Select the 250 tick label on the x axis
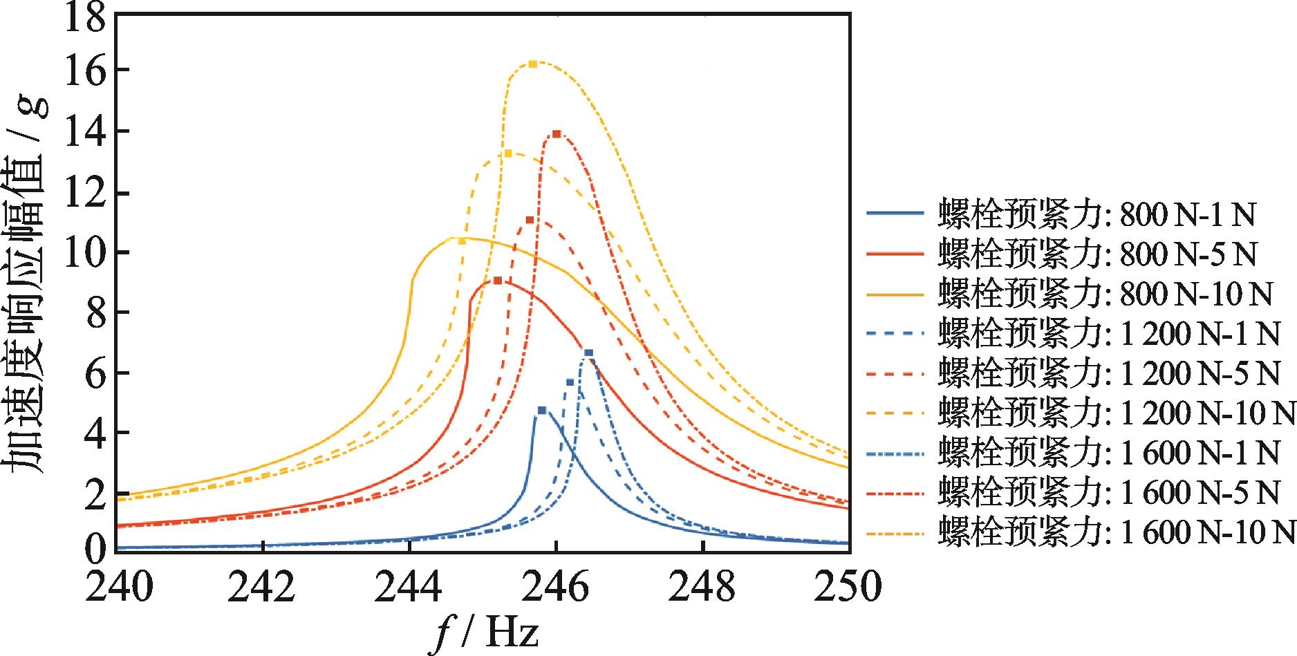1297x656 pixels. pos(849,588)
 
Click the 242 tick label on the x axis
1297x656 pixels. pos(263,588)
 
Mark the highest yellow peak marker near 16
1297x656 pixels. pos(532,64)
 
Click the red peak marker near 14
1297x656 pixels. pos(557,134)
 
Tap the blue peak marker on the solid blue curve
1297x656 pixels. pos(542,411)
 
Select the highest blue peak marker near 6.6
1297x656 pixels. pos(588,353)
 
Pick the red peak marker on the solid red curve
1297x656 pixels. pos(498,281)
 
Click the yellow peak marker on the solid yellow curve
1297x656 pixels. pos(462,241)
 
